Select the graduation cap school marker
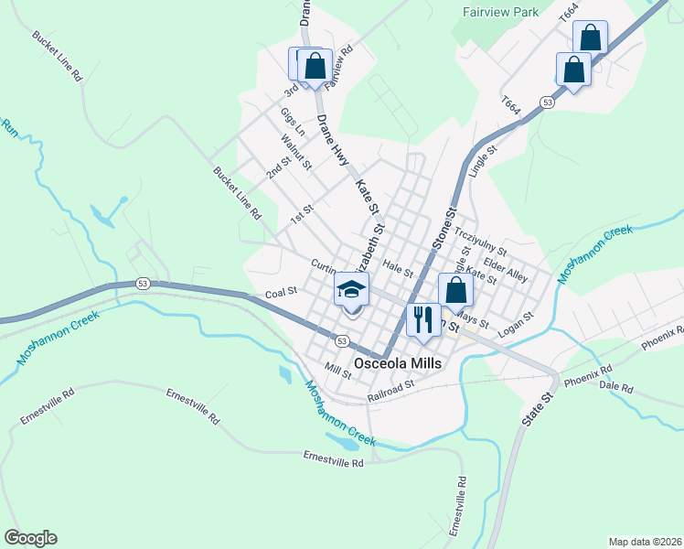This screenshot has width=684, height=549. pos(351,290)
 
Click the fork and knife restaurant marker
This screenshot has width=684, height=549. pos(422,319)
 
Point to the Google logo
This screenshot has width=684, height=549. pos(30,537)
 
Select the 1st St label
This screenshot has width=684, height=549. pos(302,214)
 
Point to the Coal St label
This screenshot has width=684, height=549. pos(282,293)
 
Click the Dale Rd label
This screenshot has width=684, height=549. pos(615,388)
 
